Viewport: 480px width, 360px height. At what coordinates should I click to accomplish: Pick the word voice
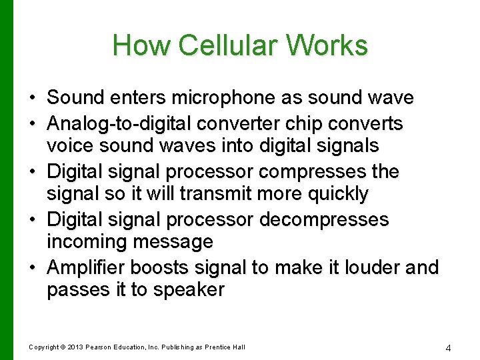click(x=68, y=145)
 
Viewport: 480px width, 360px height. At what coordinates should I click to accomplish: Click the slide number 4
click(x=449, y=347)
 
